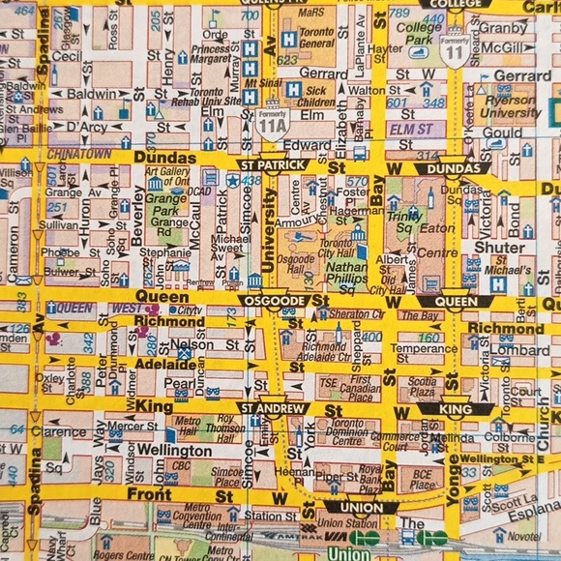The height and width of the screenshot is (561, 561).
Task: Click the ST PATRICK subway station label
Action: tap(273, 165)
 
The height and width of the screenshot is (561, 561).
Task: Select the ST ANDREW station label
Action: tap(273, 409)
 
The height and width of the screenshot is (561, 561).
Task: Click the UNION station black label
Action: tap(362, 507)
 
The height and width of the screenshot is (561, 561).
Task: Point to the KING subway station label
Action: tap(456, 409)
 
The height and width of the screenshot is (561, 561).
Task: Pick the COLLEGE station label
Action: tap(454, 4)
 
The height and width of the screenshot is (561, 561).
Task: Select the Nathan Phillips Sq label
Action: tap(346, 274)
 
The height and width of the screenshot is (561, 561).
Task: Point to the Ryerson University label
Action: tap(510, 106)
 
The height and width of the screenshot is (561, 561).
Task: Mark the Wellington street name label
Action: tap(174, 451)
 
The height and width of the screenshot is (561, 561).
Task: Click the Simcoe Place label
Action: tap(227, 477)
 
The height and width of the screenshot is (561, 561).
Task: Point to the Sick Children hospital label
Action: tap(316, 96)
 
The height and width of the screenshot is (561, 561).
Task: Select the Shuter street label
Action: tap(500, 247)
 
